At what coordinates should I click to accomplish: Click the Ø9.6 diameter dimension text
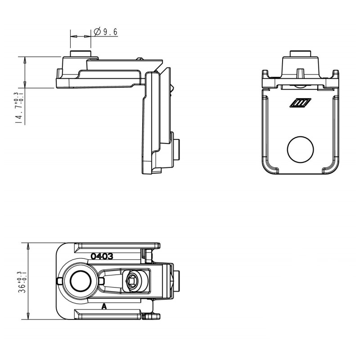point(106,31)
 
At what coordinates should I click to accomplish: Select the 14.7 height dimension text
point(19,108)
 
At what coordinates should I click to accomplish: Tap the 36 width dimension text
point(22,282)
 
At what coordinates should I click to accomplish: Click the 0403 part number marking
point(102,256)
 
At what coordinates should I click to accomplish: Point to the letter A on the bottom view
point(104,306)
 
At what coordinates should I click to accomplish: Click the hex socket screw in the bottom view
point(133,281)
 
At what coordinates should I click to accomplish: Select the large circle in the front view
point(300,149)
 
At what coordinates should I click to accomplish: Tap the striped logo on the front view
point(300,103)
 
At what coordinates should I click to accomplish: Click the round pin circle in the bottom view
point(81,281)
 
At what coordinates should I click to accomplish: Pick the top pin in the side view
point(81,53)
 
